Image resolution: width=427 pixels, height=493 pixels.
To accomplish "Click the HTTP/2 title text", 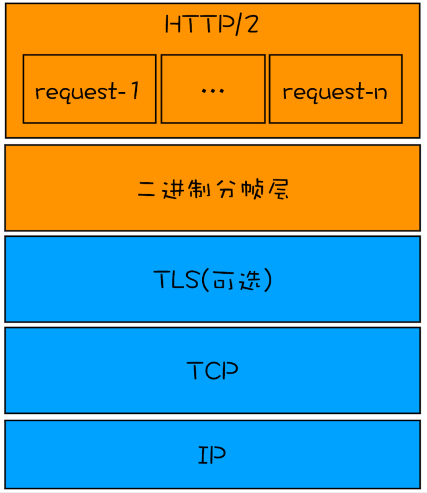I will coord(213,26).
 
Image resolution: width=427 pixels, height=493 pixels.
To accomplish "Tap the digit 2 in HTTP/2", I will coord(252,26).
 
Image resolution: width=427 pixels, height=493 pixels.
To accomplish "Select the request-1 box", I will coord(89,89).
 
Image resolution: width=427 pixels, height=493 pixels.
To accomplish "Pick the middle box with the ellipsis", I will coord(213,89).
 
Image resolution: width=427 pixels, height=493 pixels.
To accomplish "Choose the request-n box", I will coord(335,89).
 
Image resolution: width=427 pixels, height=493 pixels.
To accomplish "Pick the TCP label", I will coord(213,371).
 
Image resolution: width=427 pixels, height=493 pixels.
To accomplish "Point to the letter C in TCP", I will coord(213,371).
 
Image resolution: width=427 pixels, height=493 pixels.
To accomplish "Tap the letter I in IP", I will coord(203,456).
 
